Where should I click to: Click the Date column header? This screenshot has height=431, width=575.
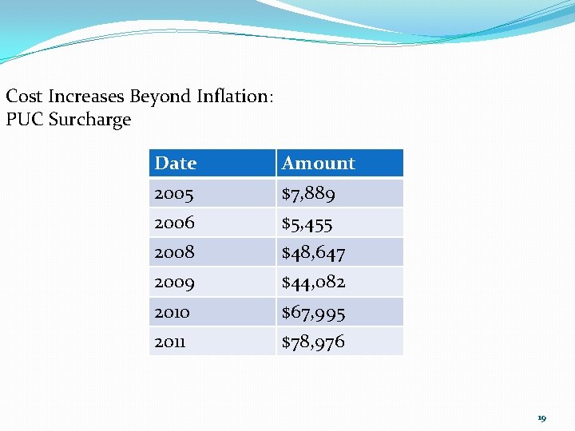176,163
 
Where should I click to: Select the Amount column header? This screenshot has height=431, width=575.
318,163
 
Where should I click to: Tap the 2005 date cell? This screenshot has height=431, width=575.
174,193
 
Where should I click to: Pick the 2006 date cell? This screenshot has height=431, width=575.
174,223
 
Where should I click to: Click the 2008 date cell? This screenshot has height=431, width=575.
174,252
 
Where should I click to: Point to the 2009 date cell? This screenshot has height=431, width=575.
174,282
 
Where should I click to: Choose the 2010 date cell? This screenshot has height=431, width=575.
172,312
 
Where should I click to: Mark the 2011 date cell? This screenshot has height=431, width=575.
169,342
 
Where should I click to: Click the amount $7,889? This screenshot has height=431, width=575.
308,193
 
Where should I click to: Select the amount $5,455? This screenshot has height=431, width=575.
307,223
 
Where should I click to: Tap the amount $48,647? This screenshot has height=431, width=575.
313,253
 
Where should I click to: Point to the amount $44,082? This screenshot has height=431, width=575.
313,282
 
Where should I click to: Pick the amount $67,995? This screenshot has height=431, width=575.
313,312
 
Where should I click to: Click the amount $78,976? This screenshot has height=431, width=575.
313,342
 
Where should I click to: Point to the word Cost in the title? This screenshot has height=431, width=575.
24,97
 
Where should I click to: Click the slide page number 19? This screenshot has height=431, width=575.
541,417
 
